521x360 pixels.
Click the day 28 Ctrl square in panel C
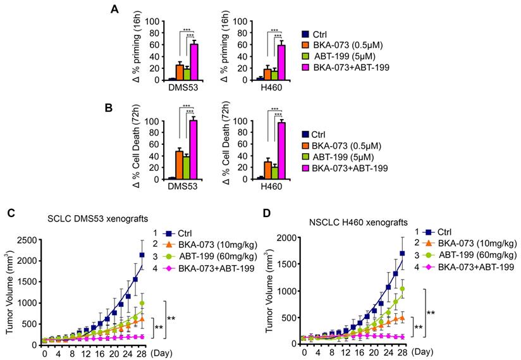(142, 255)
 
